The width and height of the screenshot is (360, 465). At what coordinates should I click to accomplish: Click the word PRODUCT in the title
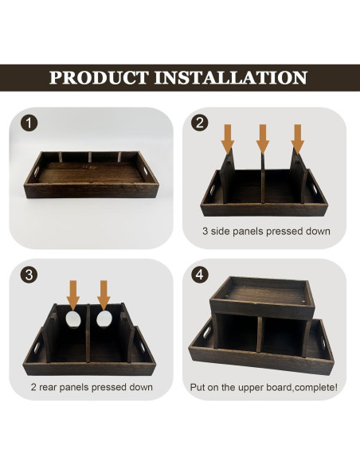(99, 78)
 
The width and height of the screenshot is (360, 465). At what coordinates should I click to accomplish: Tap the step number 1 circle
(29, 124)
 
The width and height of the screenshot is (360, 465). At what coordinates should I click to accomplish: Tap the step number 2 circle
(201, 123)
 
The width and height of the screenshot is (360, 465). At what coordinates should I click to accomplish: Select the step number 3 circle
(29, 275)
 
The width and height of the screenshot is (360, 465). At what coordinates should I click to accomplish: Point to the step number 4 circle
(201, 275)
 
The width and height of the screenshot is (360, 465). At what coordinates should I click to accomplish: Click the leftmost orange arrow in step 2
(228, 137)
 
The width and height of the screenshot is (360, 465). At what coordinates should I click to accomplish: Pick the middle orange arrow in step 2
(263, 137)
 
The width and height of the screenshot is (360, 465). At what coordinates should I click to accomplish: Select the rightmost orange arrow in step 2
(298, 137)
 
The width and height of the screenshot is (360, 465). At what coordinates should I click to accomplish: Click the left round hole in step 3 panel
(73, 320)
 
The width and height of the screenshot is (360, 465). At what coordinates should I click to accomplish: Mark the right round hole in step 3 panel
(104, 320)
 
